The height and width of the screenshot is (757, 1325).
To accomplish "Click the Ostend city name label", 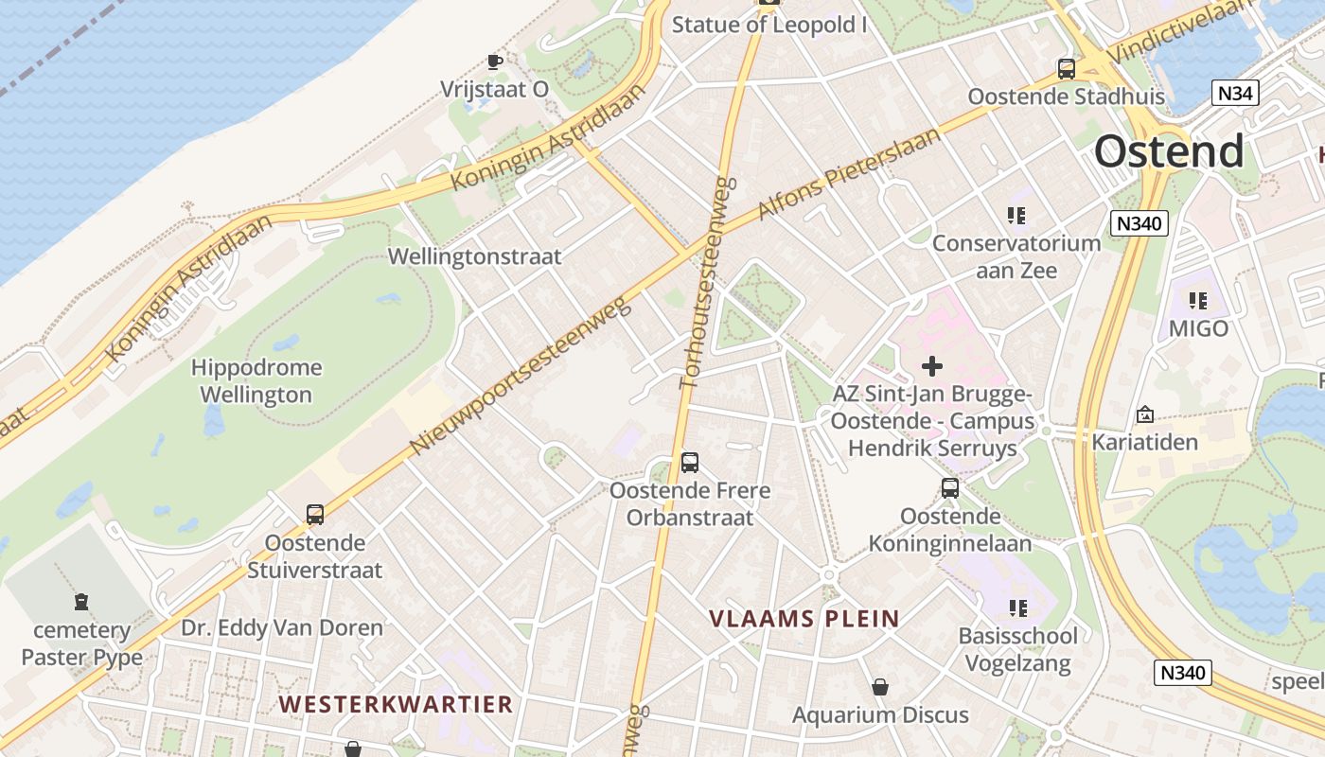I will [x=1169, y=151].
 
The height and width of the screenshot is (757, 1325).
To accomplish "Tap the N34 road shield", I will [x=1236, y=93].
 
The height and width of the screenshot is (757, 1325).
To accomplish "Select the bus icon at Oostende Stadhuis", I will [x=1067, y=69].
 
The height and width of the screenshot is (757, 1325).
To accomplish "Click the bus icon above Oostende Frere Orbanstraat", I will [x=690, y=463].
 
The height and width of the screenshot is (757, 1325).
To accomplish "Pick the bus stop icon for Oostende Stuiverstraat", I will [x=315, y=515].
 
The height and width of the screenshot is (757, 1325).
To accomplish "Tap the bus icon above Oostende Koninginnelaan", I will [x=950, y=488].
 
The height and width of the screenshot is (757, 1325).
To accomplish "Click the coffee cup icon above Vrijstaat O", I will [x=494, y=62].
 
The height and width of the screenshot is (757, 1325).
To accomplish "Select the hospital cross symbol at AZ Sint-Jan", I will [x=932, y=366].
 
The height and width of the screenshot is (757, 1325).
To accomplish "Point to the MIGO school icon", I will [x=1198, y=302].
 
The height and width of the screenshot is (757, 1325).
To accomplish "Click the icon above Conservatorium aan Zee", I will [x=1017, y=216].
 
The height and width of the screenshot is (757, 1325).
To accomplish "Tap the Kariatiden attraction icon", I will [x=1145, y=414].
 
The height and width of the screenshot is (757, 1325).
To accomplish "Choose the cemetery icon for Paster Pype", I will [x=81, y=602].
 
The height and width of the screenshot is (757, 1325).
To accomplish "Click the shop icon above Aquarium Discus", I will [x=880, y=687].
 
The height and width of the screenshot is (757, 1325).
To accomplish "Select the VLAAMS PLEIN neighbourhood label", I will [x=804, y=620].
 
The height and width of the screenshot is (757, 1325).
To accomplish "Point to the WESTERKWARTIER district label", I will [x=396, y=704].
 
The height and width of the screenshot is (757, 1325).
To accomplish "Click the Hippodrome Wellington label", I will [x=256, y=380].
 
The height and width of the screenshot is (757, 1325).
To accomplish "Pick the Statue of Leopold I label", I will [x=768, y=25].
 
